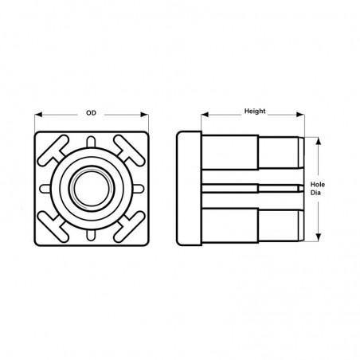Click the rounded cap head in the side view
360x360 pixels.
(189, 188)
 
